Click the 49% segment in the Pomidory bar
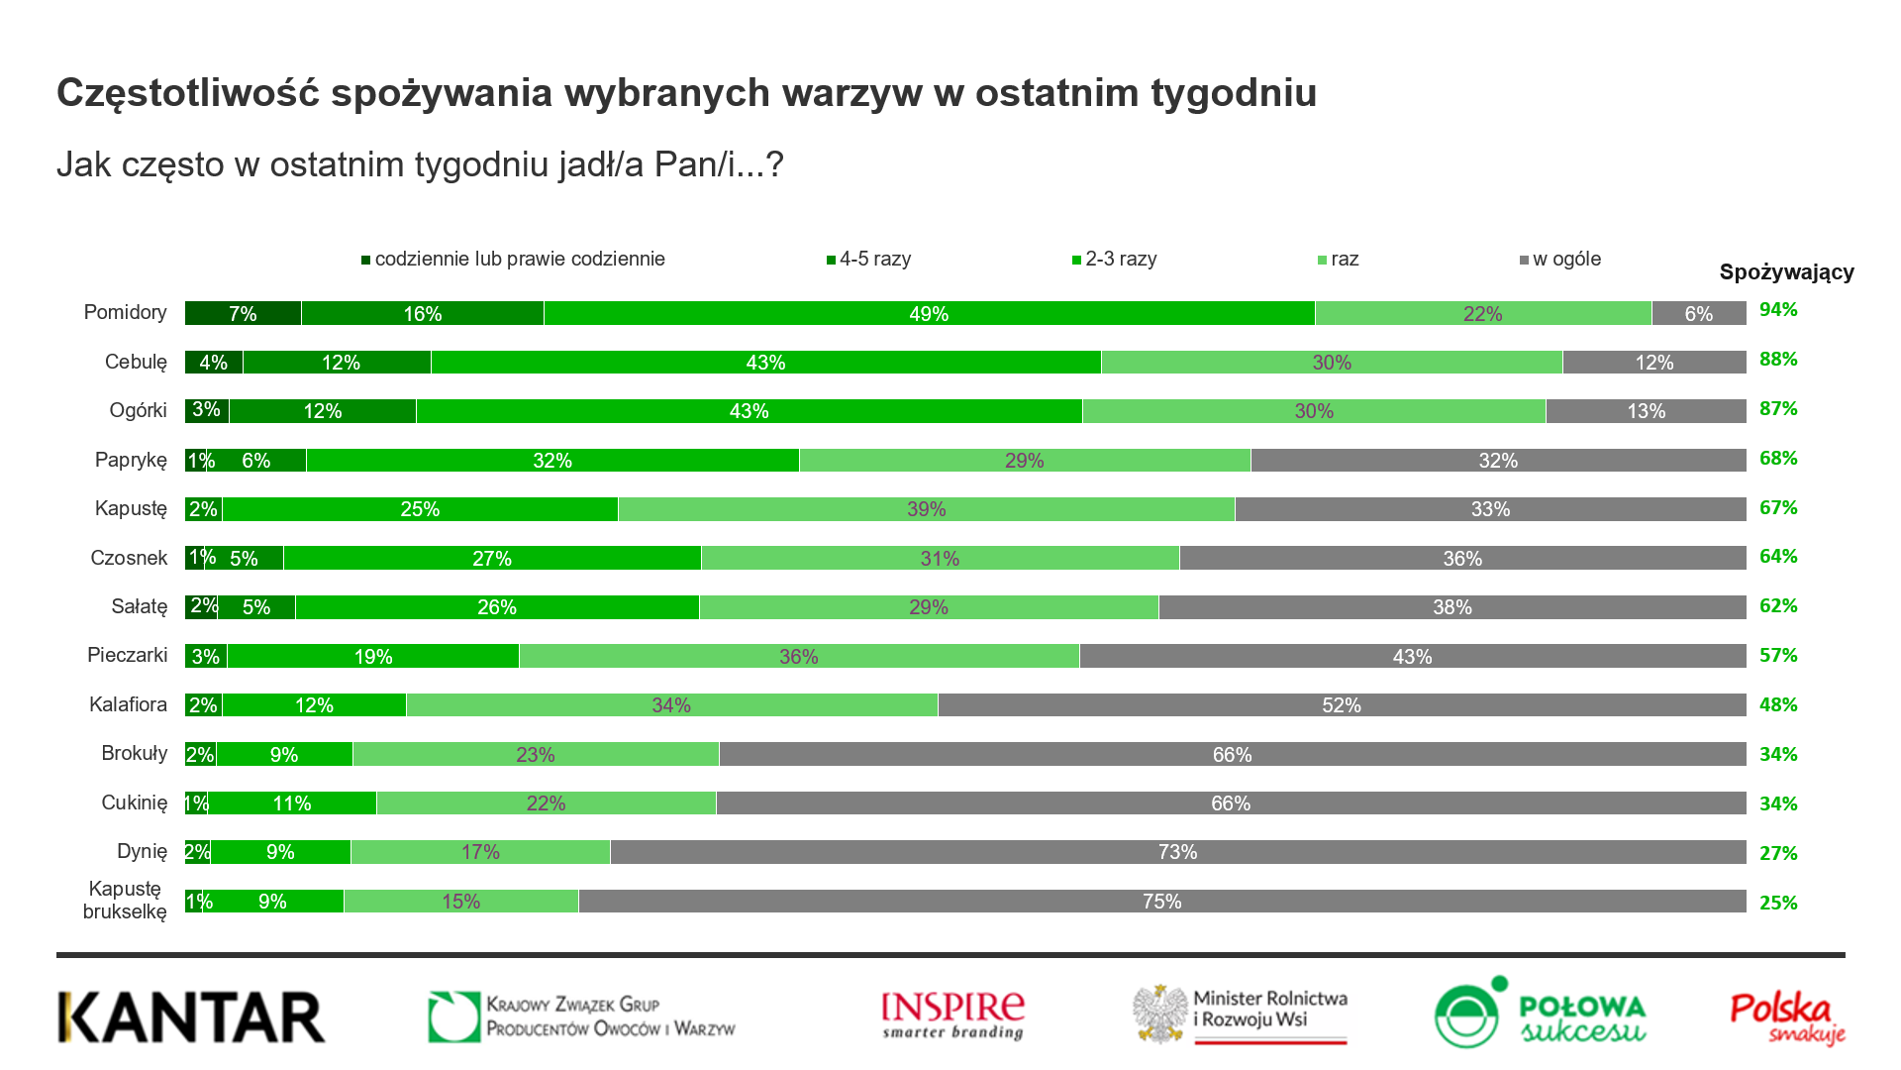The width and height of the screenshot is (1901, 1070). point(929,313)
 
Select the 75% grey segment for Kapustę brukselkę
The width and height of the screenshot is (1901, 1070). point(1161,902)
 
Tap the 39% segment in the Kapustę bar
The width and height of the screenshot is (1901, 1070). point(926,509)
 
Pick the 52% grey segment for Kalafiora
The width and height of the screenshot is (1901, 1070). point(1341,705)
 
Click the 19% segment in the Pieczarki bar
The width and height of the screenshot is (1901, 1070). point(373,656)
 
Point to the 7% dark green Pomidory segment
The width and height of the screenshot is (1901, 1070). point(243,313)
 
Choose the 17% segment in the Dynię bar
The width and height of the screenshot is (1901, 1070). point(480,852)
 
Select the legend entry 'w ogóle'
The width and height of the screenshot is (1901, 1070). point(1565,260)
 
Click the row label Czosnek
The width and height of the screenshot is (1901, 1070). point(129,558)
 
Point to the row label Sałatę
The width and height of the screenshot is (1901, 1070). point(139,606)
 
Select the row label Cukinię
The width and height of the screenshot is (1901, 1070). point(134,802)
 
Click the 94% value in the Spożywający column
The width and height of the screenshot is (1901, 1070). point(1778,310)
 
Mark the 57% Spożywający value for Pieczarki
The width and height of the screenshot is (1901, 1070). point(1778,655)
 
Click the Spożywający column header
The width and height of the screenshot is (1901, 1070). point(1786,272)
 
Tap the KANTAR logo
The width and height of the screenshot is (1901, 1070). point(191,1017)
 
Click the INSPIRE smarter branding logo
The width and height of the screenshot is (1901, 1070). point(952,1016)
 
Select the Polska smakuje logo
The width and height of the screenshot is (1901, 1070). point(1787,1017)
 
